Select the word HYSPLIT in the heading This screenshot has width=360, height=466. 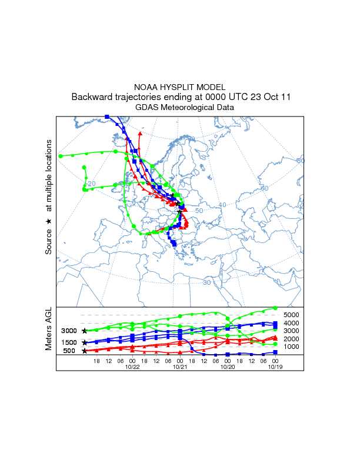pos(175,87)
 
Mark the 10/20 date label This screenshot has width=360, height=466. pos(227,367)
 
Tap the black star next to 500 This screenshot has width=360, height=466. pos(85,351)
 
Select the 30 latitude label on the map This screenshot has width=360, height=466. pos(206,282)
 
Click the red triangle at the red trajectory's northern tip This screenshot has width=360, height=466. pos(140,134)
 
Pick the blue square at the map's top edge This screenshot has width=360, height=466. pos(106,117)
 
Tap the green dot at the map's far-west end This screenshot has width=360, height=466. pos(61,156)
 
